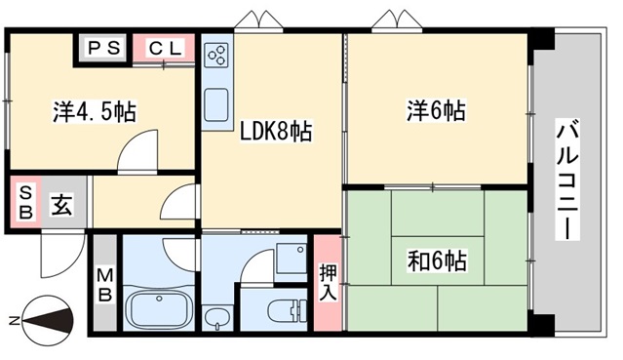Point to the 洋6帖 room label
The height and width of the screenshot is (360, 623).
coord(435,111)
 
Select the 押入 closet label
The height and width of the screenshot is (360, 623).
coord(328,281)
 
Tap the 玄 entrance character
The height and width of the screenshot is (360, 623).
coord(60,205)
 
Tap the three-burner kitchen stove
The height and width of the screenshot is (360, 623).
coord(216,57)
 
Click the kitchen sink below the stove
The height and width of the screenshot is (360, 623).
coord(216,103)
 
